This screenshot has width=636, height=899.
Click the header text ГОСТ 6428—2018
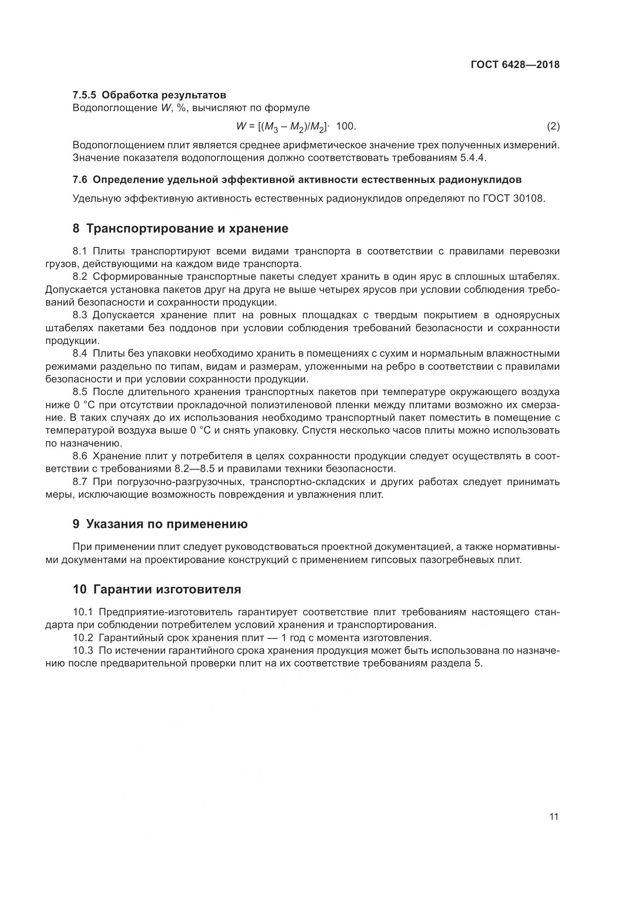515,65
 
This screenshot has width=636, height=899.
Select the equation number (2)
553,126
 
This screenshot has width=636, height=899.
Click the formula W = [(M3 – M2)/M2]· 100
296,126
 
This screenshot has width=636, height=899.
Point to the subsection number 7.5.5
84,95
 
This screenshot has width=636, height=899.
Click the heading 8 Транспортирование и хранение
181,228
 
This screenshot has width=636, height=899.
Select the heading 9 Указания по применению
160,524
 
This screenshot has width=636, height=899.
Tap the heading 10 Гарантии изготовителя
157,589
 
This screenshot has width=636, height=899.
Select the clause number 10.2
83,638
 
